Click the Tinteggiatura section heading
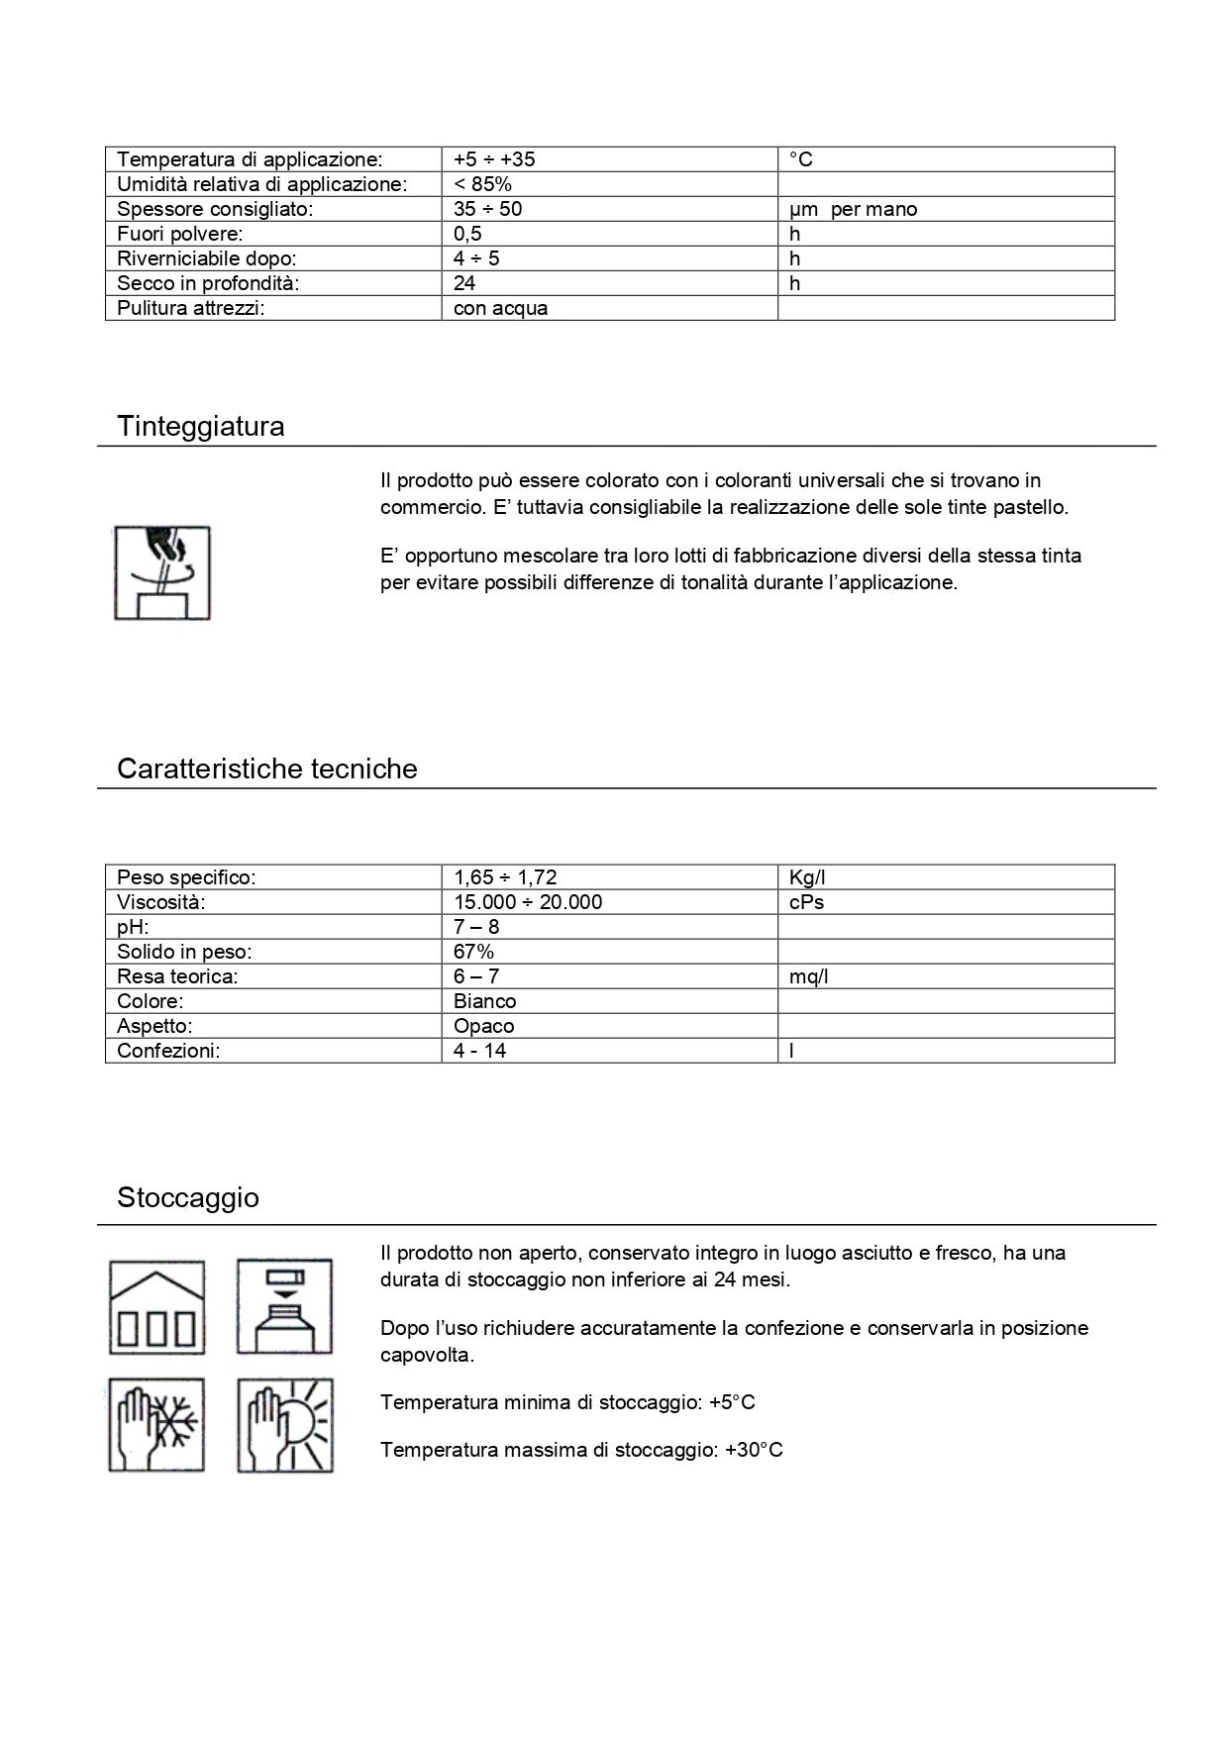(x=200, y=427)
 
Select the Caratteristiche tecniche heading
(x=266, y=769)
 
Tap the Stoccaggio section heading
(x=188, y=1198)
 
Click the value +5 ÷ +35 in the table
(x=494, y=159)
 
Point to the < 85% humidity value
(x=482, y=184)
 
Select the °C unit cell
(x=801, y=159)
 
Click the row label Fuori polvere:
(x=179, y=234)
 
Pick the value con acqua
(x=500, y=308)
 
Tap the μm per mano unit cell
(x=853, y=209)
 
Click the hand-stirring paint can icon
(x=162, y=573)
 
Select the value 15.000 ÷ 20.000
(x=527, y=902)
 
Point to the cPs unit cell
(x=806, y=902)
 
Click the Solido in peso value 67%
(x=473, y=952)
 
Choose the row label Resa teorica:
(x=177, y=976)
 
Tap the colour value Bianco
(x=484, y=1001)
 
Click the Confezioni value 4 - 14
(x=479, y=1051)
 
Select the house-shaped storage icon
(x=156, y=1307)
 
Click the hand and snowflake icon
(x=156, y=1425)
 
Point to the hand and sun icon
(x=285, y=1425)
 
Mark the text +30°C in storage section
(x=754, y=1451)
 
